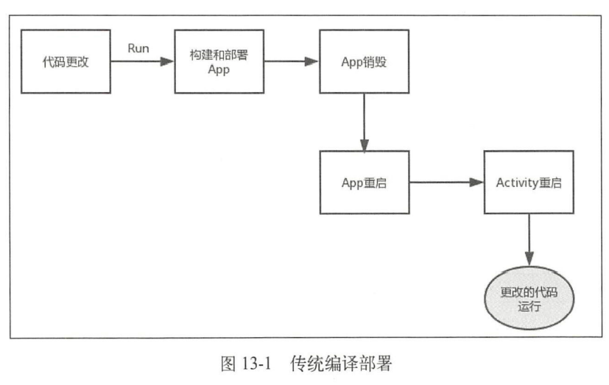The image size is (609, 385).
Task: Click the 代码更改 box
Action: [66, 62]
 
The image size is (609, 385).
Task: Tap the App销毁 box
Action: [364, 62]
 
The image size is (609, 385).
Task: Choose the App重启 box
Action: [364, 183]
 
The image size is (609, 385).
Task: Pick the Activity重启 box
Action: [528, 183]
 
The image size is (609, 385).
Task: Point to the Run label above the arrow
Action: [138, 49]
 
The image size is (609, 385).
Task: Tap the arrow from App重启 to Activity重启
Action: [446, 183]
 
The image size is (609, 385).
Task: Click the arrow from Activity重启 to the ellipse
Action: [528, 240]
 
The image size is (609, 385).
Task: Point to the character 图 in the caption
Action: [228, 363]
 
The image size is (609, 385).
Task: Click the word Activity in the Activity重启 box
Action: [516, 183]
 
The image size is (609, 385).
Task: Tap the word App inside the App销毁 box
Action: [352, 62]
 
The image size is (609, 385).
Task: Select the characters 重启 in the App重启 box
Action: [376, 183]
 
